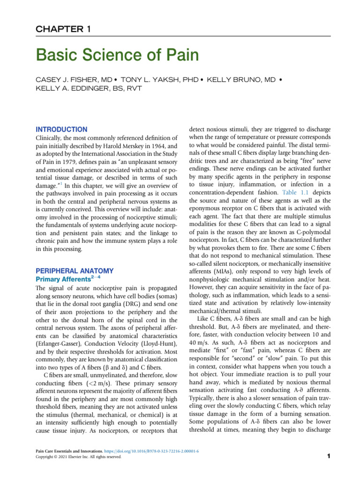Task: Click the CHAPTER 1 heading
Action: coord(70,30)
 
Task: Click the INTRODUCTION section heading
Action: coord(61,129)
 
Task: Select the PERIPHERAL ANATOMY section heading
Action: coord(75,271)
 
